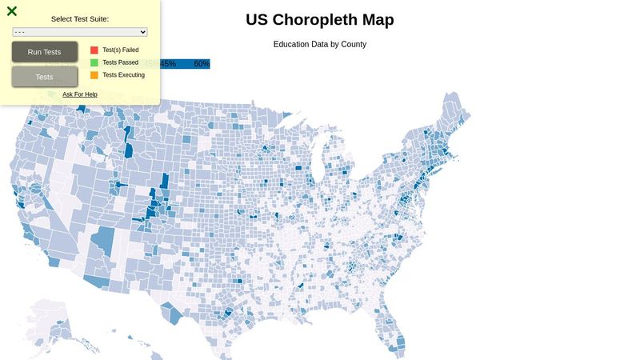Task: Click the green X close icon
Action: [x=12, y=11]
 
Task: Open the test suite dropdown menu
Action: [x=80, y=32]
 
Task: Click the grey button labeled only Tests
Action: [x=45, y=77]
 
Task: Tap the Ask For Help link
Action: [x=80, y=94]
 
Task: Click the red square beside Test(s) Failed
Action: [x=94, y=50]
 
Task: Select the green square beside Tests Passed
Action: [x=94, y=62]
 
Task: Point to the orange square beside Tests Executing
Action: [x=94, y=75]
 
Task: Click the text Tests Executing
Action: [x=123, y=75]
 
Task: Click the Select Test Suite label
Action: [x=80, y=18]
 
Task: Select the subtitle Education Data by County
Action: [x=320, y=44]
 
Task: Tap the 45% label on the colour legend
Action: [x=168, y=64]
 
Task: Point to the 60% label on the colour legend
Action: [x=202, y=64]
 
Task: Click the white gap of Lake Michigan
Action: [x=317, y=156]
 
